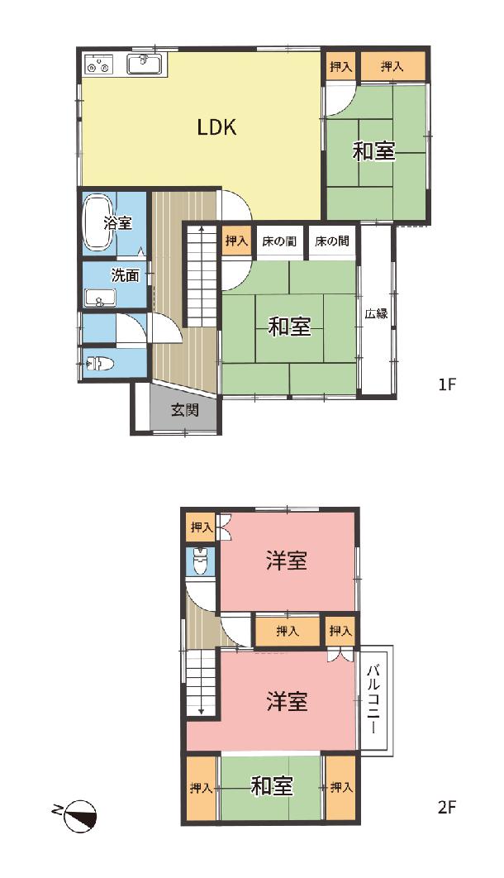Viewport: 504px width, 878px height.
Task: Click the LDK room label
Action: (x=216, y=127)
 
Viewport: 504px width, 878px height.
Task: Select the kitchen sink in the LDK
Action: (x=145, y=64)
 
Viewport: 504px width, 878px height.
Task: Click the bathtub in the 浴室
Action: (x=100, y=222)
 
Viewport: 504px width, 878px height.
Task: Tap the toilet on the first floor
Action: (x=98, y=365)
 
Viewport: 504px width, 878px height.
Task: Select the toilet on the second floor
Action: (x=200, y=561)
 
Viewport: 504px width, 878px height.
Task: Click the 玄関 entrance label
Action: (x=184, y=410)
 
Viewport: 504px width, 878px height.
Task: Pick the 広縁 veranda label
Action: (x=377, y=313)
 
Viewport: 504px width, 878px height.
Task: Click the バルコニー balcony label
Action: (x=375, y=699)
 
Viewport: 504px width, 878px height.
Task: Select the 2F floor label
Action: (x=448, y=808)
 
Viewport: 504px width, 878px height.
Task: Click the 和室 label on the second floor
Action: (x=272, y=786)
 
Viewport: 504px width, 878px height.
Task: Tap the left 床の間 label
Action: (x=279, y=241)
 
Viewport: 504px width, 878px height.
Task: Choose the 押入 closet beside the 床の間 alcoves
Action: (x=236, y=241)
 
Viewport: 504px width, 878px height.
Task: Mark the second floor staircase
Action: (x=201, y=683)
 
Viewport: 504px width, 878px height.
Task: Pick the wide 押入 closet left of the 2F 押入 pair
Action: (x=288, y=632)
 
